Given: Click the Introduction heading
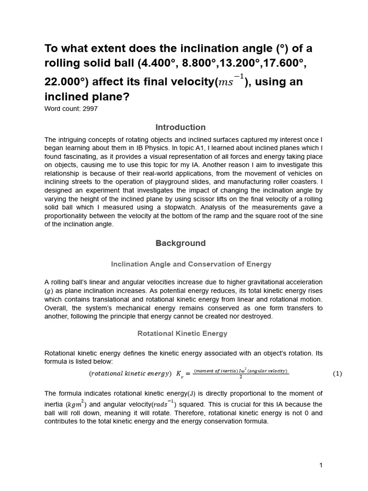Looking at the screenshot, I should click(181, 127).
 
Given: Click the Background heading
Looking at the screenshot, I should click(181, 243).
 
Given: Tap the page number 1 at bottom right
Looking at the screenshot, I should click(321, 465).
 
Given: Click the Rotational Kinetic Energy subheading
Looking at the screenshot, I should click(183, 333).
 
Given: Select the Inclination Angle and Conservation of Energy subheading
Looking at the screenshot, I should click(191, 264).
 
